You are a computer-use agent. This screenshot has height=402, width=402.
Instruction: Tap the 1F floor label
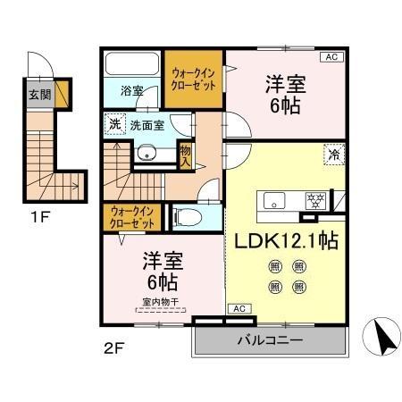tap(39, 215)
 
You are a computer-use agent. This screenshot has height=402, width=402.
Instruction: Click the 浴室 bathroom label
tap(133, 89)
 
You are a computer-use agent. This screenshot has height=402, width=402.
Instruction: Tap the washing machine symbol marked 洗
tap(114, 125)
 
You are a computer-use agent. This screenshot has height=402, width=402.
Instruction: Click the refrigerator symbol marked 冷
tap(331, 154)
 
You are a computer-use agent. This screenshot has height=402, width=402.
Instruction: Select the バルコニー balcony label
tap(269, 340)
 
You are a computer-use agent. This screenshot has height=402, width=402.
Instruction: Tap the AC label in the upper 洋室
tap(331, 57)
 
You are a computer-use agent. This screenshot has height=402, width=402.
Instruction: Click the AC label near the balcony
tap(238, 308)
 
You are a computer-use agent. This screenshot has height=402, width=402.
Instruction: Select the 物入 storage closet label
tap(185, 156)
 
